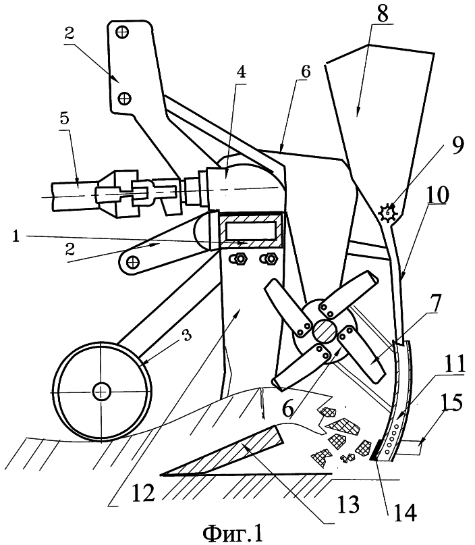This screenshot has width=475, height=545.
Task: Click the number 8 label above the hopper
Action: [x=383, y=14]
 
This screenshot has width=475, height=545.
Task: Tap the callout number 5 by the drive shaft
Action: [x=65, y=120]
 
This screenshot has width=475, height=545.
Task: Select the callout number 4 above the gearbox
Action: [x=241, y=72]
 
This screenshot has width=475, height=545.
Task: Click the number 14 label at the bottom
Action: [x=405, y=512]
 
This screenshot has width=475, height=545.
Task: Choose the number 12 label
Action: [x=143, y=492]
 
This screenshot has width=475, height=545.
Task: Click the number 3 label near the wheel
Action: [x=186, y=336]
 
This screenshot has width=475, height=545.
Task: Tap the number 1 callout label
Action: [x=16, y=236]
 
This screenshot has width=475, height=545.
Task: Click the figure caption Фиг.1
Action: [x=233, y=533]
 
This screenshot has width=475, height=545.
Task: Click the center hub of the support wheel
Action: [x=101, y=392]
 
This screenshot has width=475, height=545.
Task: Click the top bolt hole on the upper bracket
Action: [x=123, y=32]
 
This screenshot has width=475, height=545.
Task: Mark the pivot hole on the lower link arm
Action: [x=132, y=261]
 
